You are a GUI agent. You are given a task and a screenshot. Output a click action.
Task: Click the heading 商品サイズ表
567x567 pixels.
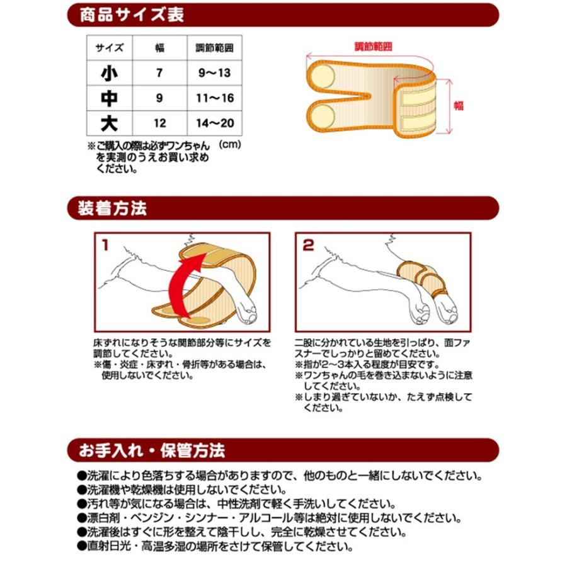(x=132, y=15)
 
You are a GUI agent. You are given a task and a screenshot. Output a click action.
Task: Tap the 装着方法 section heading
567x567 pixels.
(x=113, y=207)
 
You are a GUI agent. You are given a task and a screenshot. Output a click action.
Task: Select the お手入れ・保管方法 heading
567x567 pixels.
(x=151, y=451)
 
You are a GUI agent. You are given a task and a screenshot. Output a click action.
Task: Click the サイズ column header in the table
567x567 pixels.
(x=109, y=49)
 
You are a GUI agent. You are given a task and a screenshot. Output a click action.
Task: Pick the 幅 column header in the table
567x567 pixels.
(x=159, y=49)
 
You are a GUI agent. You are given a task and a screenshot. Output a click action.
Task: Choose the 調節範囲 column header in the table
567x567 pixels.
(x=214, y=49)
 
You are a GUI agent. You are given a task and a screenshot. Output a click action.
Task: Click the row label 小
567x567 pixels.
(x=109, y=73)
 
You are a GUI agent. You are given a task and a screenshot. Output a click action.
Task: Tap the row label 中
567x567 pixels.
(x=109, y=98)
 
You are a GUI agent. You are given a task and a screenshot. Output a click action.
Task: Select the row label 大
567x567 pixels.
(x=109, y=123)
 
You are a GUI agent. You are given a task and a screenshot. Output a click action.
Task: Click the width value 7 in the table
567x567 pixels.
(x=159, y=73)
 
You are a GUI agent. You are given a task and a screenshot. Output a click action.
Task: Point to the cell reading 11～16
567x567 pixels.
(x=214, y=98)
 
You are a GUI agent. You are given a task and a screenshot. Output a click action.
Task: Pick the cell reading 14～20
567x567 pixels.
(x=214, y=123)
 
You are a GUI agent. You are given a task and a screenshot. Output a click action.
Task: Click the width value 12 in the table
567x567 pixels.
(x=159, y=123)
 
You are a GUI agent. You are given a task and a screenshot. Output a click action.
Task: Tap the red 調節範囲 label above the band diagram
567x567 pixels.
(x=373, y=47)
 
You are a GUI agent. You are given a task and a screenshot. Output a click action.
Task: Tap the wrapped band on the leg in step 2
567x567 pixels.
(x=423, y=278)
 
